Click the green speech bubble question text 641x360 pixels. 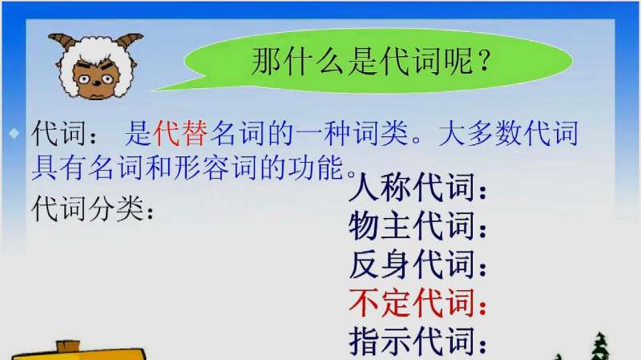pyautogui.click(x=371, y=61)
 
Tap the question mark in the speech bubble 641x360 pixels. pyautogui.click(x=484, y=61)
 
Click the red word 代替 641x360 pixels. pyautogui.click(x=181, y=133)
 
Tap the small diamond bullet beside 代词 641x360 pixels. pyautogui.click(x=14, y=133)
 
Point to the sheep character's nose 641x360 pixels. pyautogui.click(x=96, y=83)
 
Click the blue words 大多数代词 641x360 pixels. pyautogui.click(x=509, y=133)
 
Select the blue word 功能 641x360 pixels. pyautogui.click(x=316, y=168)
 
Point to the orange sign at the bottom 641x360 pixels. pyautogui.click(x=79, y=351)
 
